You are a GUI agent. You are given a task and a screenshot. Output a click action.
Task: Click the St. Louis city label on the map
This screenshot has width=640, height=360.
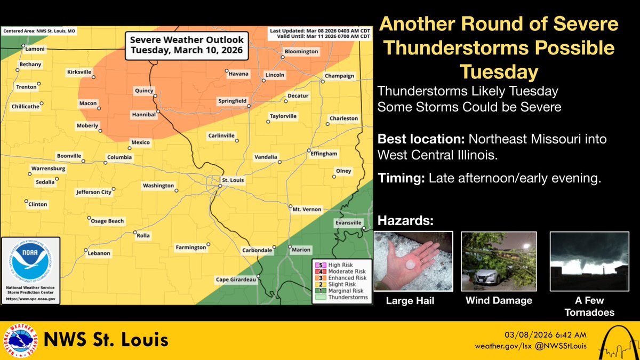coord(233,180)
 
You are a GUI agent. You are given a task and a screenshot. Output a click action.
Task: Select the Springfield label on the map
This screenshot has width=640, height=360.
coord(232,101)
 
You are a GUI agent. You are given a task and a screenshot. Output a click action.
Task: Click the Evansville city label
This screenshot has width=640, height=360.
coord(349,222)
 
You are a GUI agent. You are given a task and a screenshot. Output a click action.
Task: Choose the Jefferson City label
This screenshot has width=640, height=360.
coord(93,192)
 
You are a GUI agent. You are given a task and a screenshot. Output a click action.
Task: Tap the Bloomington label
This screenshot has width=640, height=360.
coord(301,52)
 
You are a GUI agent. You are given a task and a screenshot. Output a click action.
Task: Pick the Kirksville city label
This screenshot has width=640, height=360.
coord(79,71)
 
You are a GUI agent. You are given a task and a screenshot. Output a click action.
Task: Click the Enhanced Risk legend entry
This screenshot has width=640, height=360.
coord(347,277)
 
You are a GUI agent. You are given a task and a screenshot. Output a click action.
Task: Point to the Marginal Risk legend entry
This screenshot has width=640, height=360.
coord(347,291)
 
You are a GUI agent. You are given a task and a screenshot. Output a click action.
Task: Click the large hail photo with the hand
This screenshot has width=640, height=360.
coord(414,261)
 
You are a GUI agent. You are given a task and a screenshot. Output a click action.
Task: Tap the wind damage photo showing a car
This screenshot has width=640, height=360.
coord(499,261)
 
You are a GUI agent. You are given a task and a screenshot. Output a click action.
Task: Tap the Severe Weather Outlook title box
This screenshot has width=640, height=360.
coord(184,46)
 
